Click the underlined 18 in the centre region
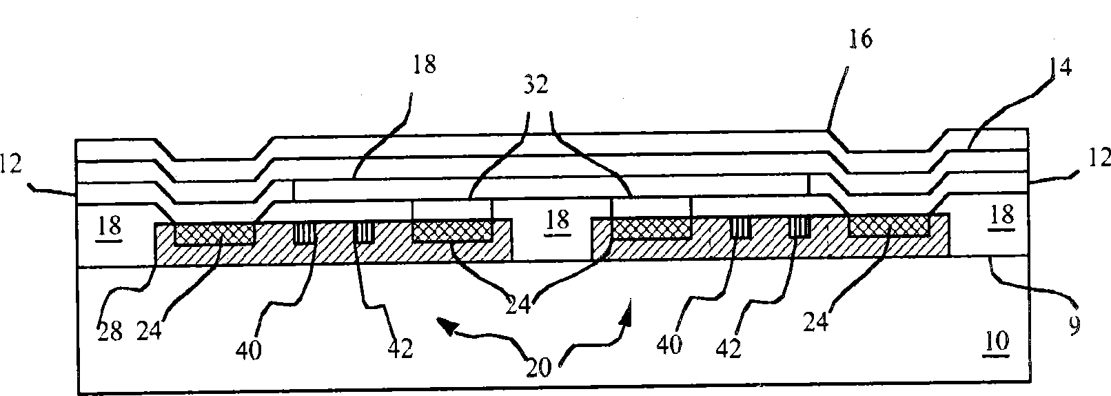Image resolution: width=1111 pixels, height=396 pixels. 557,220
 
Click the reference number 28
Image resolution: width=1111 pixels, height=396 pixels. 110,333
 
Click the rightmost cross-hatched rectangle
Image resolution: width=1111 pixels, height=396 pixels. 888,226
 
